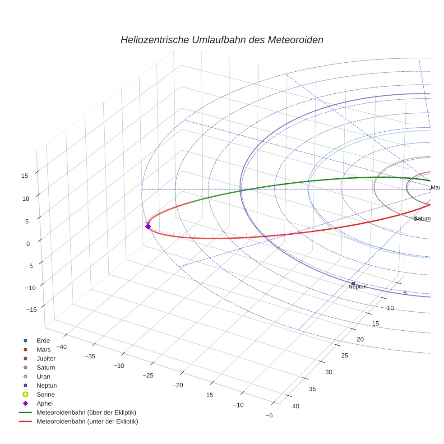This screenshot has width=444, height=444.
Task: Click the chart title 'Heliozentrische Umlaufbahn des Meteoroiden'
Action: pyautogui.click(x=222, y=40)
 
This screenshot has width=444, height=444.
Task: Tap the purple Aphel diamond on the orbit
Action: pyautogui.click(x=148, y=226)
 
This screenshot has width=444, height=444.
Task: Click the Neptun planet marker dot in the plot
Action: pyautogui.click(x=353, y=283)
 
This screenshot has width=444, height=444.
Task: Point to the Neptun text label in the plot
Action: pyautogui.click(x=357, y=287)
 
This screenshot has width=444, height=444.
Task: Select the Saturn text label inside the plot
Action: pyautogui.click(x=423, y=218)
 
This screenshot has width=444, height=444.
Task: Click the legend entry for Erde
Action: pyautogui.click(x=43, y=340)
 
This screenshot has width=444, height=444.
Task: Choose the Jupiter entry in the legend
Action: pyautogui.click(x=46, y=358)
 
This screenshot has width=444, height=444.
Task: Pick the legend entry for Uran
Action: pyautogui.click(x=43, y=376)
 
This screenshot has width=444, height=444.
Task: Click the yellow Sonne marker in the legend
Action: pyautogui.click(x=25, y=394)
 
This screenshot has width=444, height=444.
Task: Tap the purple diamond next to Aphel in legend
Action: pyautogui.click(x=25, y=403)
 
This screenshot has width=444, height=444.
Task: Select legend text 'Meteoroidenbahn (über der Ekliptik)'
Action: pyautogui.click(x=87, y=412)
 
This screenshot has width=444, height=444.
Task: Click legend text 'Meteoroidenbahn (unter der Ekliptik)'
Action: pyautogui.click(x=87, y=421)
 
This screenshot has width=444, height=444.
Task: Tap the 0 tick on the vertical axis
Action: pyautogui.click(x=28, y=243)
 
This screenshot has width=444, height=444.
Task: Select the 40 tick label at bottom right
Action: pyautogui.click(x=296, y=406)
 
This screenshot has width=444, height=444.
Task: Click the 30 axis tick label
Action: pyautogui.click(x=328, y=372)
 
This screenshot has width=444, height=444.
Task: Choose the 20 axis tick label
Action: pyautogui.click(x=360, y=339)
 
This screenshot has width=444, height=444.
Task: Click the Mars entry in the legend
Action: pyautogui.click(x=43, y=349)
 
